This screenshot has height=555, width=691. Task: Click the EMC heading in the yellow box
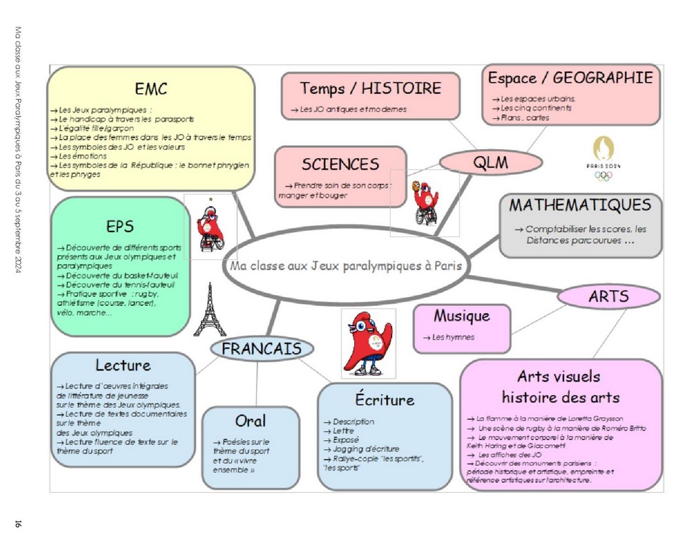[x=150, y=88]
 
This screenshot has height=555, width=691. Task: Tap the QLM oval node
[x=491, y=162]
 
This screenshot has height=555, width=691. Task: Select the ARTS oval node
[x=609, y=296]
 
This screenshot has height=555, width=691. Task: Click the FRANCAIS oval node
[x=262, y=349]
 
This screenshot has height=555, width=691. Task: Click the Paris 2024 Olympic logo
[x=603, y=158]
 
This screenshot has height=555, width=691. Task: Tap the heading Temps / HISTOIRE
[x=370, y=88]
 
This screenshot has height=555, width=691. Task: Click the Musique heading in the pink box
[x=462, y=316]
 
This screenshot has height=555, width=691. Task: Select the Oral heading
[x=250, y=421]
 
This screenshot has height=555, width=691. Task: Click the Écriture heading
[x=385, y=399]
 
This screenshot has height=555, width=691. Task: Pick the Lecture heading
[x=123, y=365]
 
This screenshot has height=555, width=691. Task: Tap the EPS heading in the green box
[x=120, y=226]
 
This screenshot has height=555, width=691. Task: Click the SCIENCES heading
[x=340, y=164]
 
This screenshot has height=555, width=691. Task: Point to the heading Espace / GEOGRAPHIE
[x=570, y=78]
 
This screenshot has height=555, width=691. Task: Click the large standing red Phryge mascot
[x=368, y=343]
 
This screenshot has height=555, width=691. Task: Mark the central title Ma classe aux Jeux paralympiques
[x=345, y=266]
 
